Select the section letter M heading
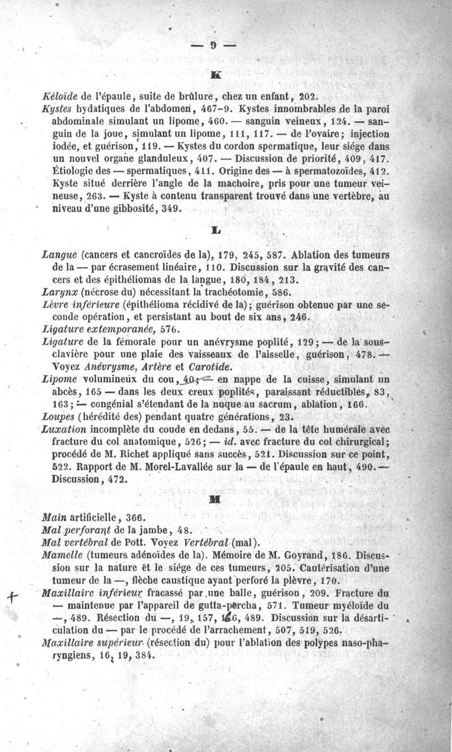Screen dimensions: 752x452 click(214, 499)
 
